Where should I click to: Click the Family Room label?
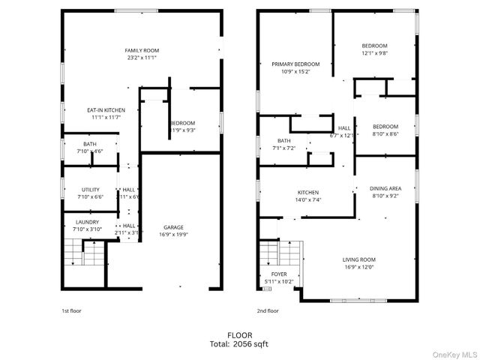point(142,50)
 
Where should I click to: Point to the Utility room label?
point(91,190)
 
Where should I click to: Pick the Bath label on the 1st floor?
point(90,144)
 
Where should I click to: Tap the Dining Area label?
point(386,188)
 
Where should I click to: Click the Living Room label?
point(359,259)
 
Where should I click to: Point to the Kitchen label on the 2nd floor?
point(308,193)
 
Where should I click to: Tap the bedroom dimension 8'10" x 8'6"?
point(385,133)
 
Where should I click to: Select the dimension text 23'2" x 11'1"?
point(142,58)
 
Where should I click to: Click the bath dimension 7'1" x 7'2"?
point(284,148)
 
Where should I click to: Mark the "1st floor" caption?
point(72,310)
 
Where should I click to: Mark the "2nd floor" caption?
point(268,310)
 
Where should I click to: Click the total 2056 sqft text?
point(240,343)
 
